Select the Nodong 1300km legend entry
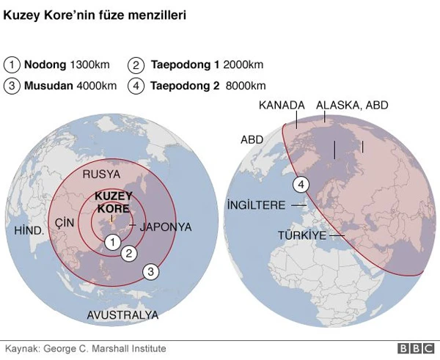pyautogui.click(x=60, y=65)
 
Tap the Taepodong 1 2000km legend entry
pyautogui.click(x=197, y=65)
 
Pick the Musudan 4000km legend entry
pyautogui.click(x=60, y=85)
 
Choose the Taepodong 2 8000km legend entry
pyautogui.click(x=197, y=85)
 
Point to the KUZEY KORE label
pyautogui.click(x=114, y=203)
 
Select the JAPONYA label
pyautogui.click(x=166, y=227)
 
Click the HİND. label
pyautogui.click(x=30, y=230)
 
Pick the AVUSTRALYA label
pyautogui.click(x=122, y=315)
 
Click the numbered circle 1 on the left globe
pyautogui.click(x=112, y=242)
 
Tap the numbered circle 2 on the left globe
pyautogui.click(x=129, y=254)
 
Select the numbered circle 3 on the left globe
pyautogui.click(x=150, y=271)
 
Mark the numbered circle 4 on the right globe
pyautogui.click(x=300, y=185)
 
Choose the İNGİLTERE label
pyautogui.click(x=256, y=205)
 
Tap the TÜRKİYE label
pyautogui.click(x=301, y=235)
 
